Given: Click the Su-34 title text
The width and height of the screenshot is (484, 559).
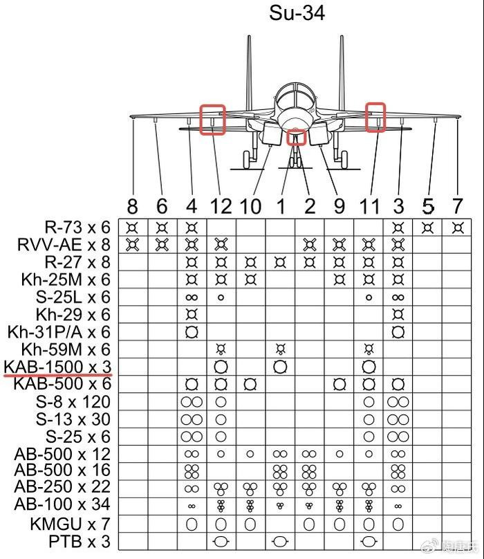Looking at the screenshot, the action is (x=297, y=13).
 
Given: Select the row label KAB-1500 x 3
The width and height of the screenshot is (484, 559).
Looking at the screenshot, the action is (x=58, y=367).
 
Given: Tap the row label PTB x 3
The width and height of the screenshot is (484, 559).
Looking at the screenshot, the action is (x=79, y=542).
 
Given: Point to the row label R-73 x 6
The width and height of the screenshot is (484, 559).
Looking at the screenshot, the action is (x=77, y=228).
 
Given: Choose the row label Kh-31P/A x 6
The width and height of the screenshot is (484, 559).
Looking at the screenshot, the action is (x=59, y=332).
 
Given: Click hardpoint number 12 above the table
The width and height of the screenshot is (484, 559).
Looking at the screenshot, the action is (x=221, y=206).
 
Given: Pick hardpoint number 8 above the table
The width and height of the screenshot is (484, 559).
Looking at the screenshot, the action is (x=132, y=206).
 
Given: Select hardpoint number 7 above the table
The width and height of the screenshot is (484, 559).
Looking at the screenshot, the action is (x=457, y=206).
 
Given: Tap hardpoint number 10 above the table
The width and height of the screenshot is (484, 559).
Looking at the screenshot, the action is (x=250, y=206).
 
